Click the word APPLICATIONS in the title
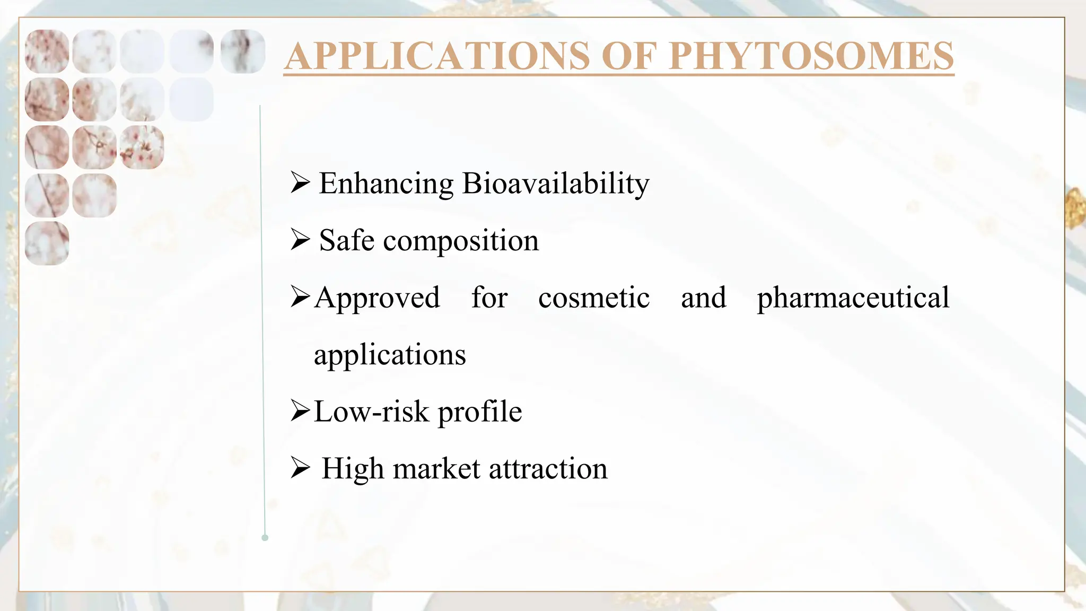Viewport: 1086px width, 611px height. point(437,56)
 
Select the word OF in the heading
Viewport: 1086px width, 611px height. point(629,56)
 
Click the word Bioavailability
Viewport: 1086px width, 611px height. point(555,184)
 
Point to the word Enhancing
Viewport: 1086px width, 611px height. point(386,184)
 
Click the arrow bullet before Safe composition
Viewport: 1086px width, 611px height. point(300,240)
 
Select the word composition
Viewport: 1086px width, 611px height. point(460,241)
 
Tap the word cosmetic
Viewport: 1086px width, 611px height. point(594,297)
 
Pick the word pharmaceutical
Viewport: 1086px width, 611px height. point(853,298)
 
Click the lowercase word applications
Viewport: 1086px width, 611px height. point(390,355)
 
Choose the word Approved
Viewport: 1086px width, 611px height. point(377,298)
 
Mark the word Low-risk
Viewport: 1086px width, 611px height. point(371,412)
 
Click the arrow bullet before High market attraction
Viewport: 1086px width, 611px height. point(300,468)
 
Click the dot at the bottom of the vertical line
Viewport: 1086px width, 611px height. point(265,538)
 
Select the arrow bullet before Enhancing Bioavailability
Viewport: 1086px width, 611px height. point(300,183)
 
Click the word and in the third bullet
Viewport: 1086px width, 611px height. point(703,297)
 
